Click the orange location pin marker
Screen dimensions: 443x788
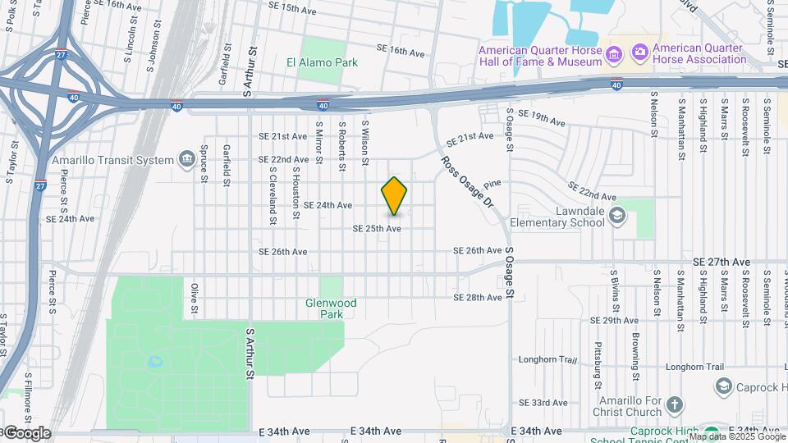tap(394, 196)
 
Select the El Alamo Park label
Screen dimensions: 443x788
tap(322, 62)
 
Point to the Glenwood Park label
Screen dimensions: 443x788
tap(331, 308)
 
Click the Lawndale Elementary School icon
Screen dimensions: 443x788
tap(617, 217)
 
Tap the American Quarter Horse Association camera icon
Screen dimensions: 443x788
tap(639, 53)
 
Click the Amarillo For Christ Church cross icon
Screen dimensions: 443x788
tap(674, 404)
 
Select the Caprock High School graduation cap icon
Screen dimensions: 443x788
tap(723, 386)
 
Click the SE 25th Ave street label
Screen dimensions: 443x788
tap(377, 228)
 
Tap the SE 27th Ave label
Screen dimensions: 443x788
tap(721, 262)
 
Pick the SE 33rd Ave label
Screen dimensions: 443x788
tap(543, 403)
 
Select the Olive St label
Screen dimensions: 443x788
tap(195, 299)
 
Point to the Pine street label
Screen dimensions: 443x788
tap(492, 185)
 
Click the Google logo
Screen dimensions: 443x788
tap(26, 433)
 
